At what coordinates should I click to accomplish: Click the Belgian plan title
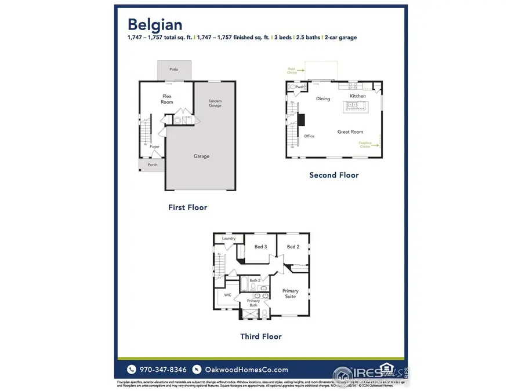(x=155, y=24)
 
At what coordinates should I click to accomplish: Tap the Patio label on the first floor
(x=173, y=70)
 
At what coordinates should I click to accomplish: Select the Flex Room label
(x=167, y=98)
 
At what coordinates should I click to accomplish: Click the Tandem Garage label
(x=215, y=103)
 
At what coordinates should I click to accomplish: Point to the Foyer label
(x=155, y=147)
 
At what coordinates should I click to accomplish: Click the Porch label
(x=153, y=165)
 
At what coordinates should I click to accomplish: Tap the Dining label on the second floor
(x=323, y=98)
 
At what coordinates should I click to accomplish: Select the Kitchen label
(x=358, y=96)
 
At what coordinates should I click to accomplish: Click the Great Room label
(x=350, y=132)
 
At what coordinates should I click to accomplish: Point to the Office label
(x=309, y=136)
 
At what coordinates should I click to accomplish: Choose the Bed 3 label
(x=261, y=247)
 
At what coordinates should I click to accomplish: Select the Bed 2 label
(x=293, y=247)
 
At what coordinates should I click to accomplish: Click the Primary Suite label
(x=290, y=293)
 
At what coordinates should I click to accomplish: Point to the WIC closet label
(x=227, y=294)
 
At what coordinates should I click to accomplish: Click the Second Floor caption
(x=333, y=175)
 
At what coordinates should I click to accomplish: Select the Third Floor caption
(x=261, y=336)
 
